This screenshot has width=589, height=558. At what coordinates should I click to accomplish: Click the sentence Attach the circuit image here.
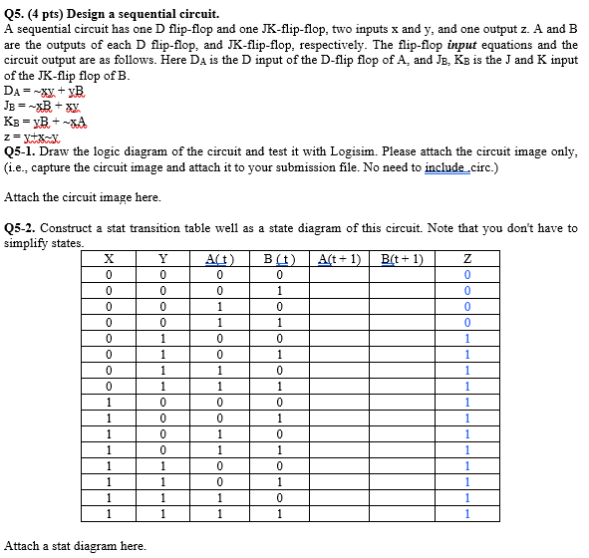83,197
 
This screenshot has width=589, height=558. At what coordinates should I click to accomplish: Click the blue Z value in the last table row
467,514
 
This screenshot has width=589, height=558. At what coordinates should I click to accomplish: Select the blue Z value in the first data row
467,275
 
